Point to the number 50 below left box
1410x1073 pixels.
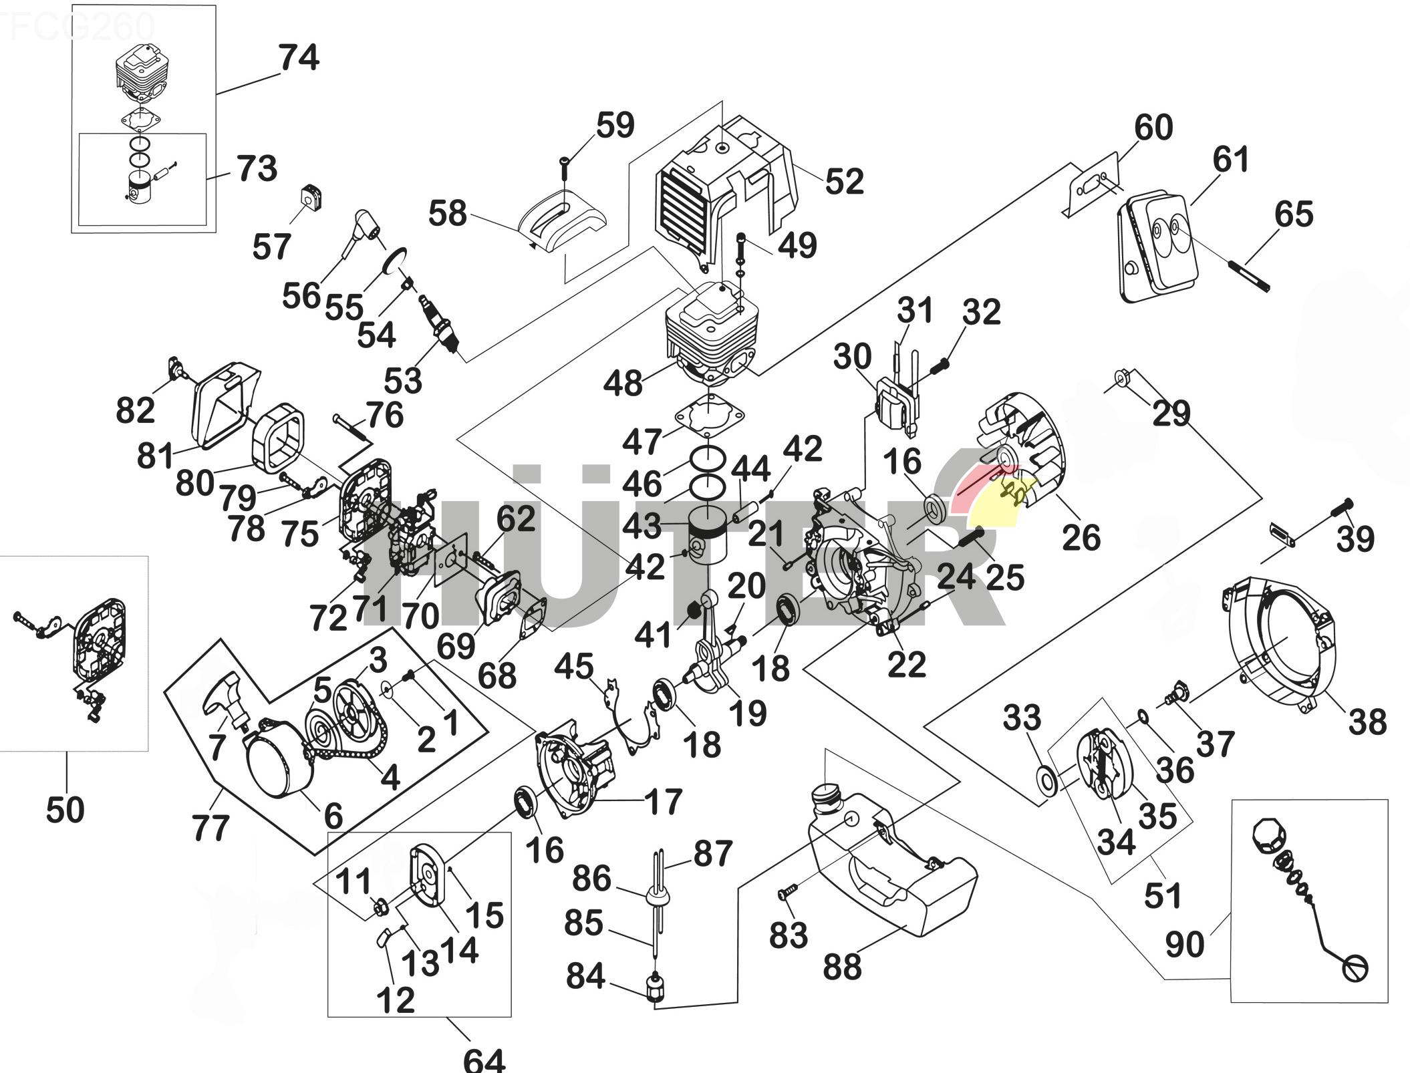[65, 810]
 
